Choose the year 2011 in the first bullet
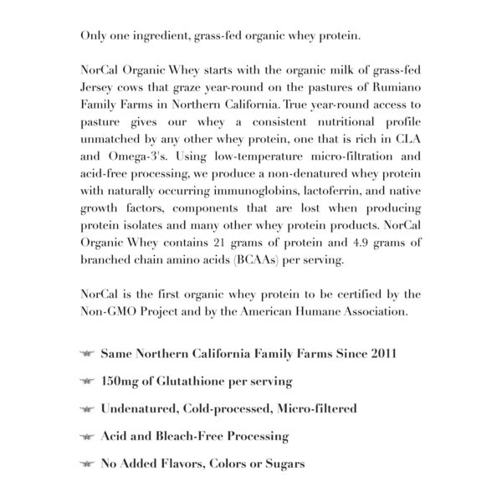tap(382, 353)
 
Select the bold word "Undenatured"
tap(142, 408)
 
